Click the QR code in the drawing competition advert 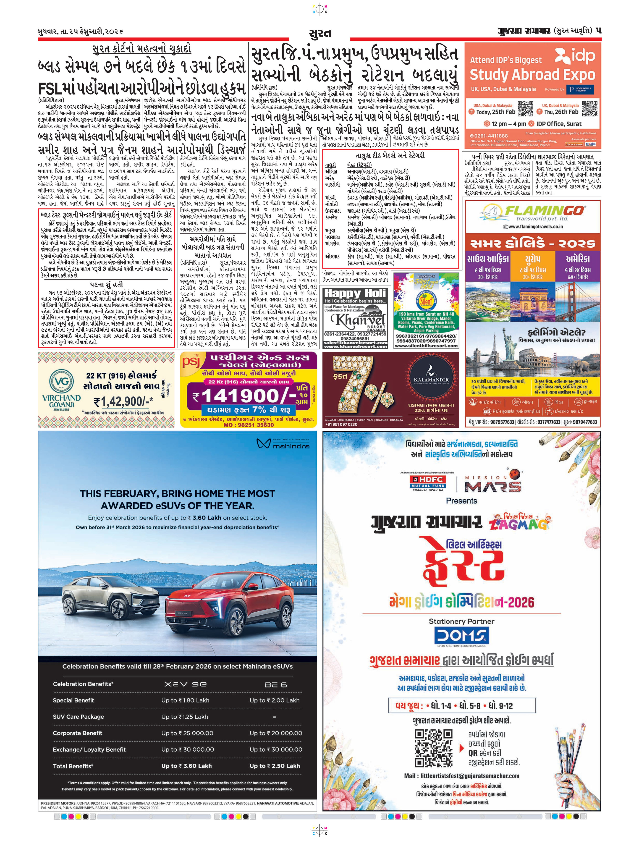click(x=433, y=748)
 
